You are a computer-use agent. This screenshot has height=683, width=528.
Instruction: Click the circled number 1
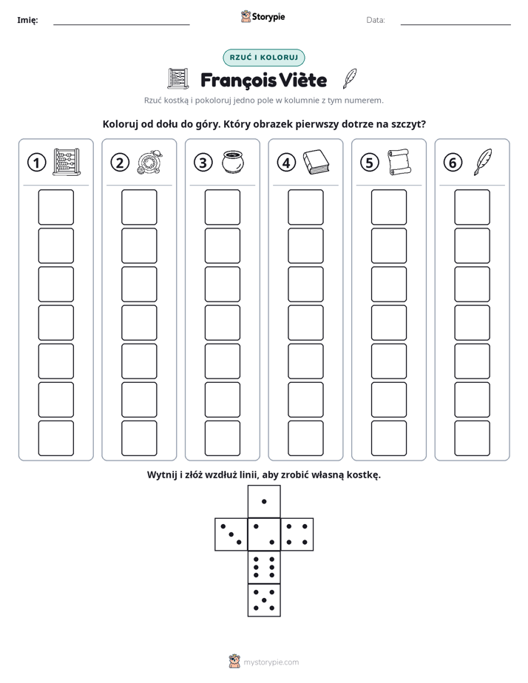pyautogui.click(x=36, y=163)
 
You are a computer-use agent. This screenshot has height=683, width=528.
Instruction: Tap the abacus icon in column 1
pyautogui.click(x=67, y=162)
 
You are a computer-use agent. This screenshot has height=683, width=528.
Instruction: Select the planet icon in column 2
pyautogui.click(x=150, y=163)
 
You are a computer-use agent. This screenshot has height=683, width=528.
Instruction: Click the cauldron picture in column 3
pyautogui.click(x=233, y=162)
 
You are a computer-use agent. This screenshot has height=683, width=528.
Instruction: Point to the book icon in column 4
pyautogui.click(x=317, y=163)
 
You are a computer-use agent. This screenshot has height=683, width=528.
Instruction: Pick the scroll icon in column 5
pyautogui.click(x=399, y=162)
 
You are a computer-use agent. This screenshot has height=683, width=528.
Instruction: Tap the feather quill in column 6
pyautogui.click(x=483, y=162)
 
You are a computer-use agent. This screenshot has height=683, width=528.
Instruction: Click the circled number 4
pyautogui.click(x=286, y=163)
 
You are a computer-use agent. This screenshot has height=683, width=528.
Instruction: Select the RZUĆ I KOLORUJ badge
pyautogui.click(x=264, y=58)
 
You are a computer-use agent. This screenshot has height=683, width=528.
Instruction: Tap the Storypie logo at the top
pyautogui.click(x=263, y=17)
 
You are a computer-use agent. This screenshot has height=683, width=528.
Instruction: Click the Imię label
pyautogui.click(x=27, y=20)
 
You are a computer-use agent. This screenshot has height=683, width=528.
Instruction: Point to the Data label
pyautogui.click(x=376, y=20)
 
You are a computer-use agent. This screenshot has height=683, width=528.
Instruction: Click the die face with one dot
pyautogui.click(x=264, y=502)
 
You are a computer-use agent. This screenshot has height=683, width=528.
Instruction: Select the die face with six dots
pyautogui.click(x=264, y=568)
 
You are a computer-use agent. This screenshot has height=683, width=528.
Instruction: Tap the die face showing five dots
pyautogui.click(x=264, y=600)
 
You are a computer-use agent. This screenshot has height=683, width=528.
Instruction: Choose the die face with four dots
pyautogui.click(x=297, y=534)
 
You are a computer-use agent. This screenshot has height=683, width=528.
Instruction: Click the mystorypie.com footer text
pyautogui.click(x=271, y=662)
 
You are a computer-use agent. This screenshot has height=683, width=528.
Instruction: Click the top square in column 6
pyautogui.click(x=473, y=207)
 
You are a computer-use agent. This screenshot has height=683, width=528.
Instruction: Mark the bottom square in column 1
pyautogui.click(x=55, y=438)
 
